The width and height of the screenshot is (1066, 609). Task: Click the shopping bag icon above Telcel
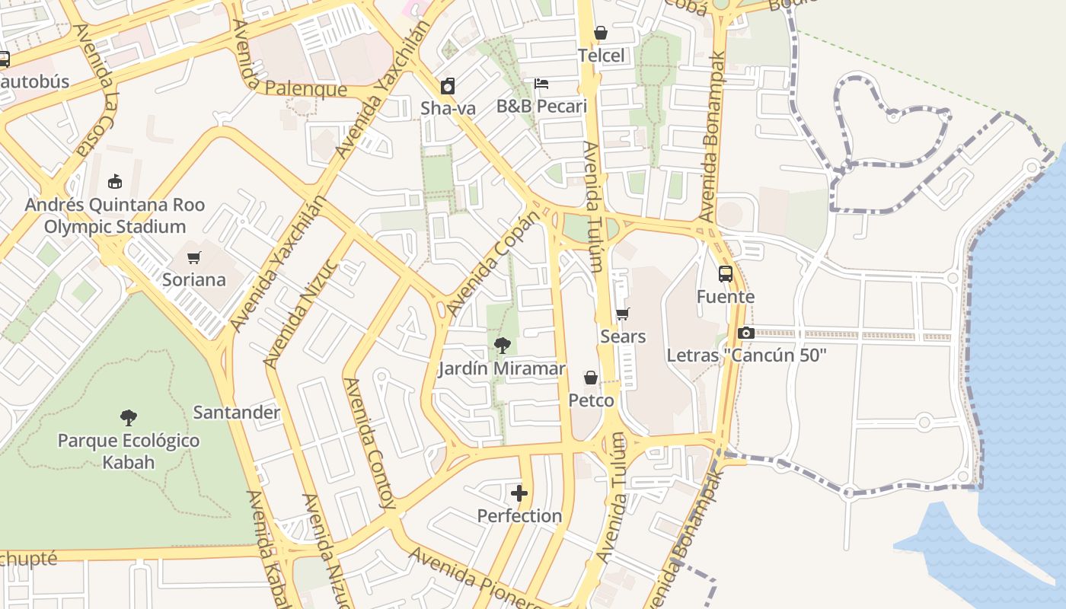pos(601,33)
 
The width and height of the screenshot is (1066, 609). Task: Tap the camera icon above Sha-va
pos(448,86)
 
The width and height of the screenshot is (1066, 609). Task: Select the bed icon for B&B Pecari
pos(541,83)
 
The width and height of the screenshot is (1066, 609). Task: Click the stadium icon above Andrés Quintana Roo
pos(115,181)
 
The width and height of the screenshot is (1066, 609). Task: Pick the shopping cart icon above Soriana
pos(194,257)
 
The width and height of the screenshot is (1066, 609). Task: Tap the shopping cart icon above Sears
pos(623,314)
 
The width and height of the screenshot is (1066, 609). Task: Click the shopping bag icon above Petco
pos(591,378)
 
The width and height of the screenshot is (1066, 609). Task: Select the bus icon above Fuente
pos(726,274)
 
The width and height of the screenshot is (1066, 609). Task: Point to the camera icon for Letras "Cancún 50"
pos(745,333)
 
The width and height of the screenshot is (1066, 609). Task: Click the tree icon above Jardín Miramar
pos(502,346)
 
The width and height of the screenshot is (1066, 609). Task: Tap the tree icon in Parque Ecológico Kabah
pos(129,417)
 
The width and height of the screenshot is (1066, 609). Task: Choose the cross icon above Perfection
pos(519,493)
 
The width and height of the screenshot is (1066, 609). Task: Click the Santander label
pos(237,413)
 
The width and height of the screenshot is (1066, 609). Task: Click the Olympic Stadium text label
pos(114,227)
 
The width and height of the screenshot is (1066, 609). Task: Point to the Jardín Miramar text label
pos(502,368)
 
